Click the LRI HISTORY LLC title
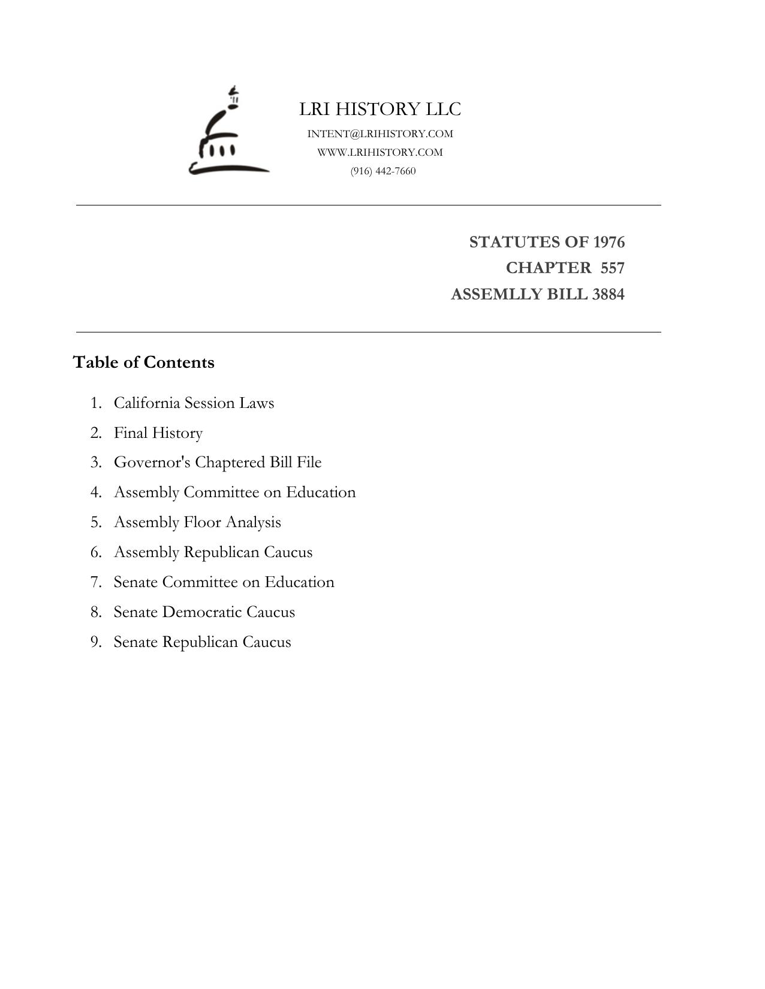click(380, 109)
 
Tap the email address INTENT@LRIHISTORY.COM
click(380, 134)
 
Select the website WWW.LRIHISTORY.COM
click(380, 152)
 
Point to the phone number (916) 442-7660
click(383, 171)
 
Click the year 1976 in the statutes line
click(609, 242)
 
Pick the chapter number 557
click(612, 268)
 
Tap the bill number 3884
click(608, 294)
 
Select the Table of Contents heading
click(144, 362)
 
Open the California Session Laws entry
click(194, 403)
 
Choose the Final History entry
click(158, 433)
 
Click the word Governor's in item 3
click(152, 462)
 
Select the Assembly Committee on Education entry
click(234, 492)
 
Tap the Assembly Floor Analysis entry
click(197, 522)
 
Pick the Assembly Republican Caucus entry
click(213, 552)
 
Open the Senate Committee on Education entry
click(224, 582)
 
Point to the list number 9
click(96, 642)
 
